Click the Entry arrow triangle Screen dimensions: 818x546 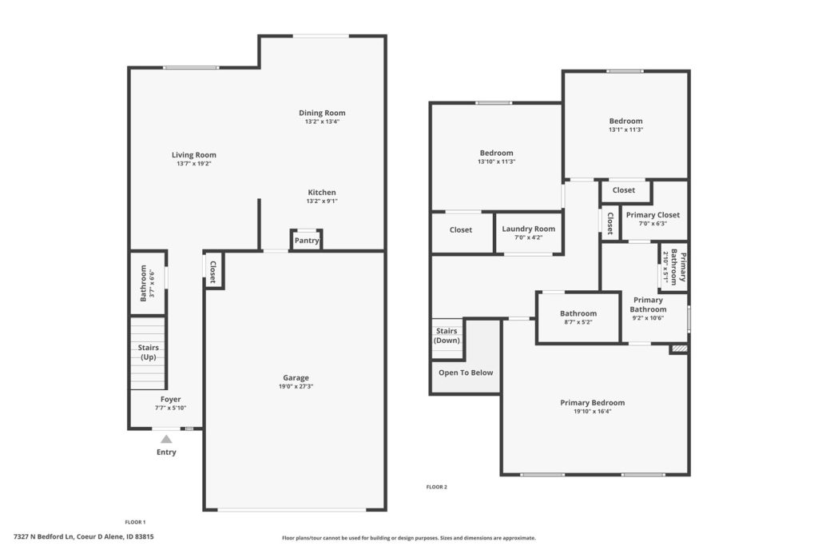(x=166, y=439)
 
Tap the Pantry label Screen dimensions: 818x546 (x=306, y=241)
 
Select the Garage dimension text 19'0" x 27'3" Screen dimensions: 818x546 (x=296, y=387)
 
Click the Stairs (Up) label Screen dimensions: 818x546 (x=148, y=353)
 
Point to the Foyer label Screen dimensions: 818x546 (x=171, y=400)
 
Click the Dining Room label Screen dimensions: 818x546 (x=322, y=113)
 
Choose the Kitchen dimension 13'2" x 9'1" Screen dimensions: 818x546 (x=322, y=201)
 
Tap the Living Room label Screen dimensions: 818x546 (x=194, y=155)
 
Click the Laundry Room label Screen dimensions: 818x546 (x=529, y=229)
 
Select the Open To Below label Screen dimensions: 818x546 (x=466, y=373)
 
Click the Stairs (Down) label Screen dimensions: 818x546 (x=447, y=336)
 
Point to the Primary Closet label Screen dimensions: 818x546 (x=653, y=215)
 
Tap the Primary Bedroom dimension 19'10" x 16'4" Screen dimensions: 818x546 (x=593, y=412)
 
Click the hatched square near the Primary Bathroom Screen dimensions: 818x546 (x=679, y=349)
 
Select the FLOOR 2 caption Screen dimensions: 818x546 (x=437, y=487)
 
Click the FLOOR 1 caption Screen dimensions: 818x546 (x=135, y=522)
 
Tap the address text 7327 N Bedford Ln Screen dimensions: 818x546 (x=45, y=536)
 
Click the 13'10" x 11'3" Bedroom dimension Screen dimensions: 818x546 (x=497, y=161)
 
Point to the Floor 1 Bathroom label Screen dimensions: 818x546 (x=144, y=283)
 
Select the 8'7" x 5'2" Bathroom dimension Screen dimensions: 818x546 (x=578, y=322)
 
